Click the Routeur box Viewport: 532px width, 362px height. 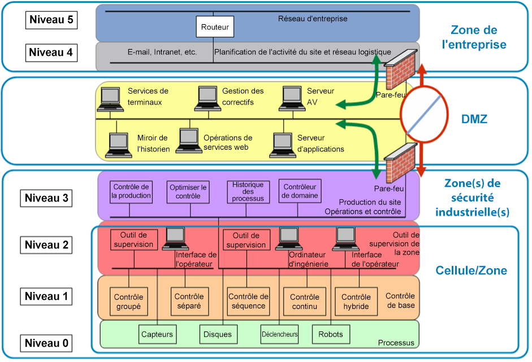pos(214,27)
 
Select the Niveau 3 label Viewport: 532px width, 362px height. pos(51,198)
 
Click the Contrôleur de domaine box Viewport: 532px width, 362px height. pos(301,191)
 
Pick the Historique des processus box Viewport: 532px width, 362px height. pos(248,191)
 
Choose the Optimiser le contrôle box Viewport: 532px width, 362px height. pos(188,191)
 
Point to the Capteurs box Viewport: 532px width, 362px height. pos(157,334)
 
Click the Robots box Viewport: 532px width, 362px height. pos(331,334)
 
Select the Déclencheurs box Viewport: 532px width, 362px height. pos(279,334)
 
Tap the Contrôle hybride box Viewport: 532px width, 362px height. pos(356,302)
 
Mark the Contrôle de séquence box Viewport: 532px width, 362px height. pos(248,302)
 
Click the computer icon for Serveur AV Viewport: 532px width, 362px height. pos(292,98)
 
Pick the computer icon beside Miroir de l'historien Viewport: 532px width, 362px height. pos(119,144)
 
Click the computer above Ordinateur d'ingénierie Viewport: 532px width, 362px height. pos(287,238)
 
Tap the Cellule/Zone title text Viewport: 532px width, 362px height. pos(471,271)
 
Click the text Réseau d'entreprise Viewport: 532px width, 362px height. pos(313,19)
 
